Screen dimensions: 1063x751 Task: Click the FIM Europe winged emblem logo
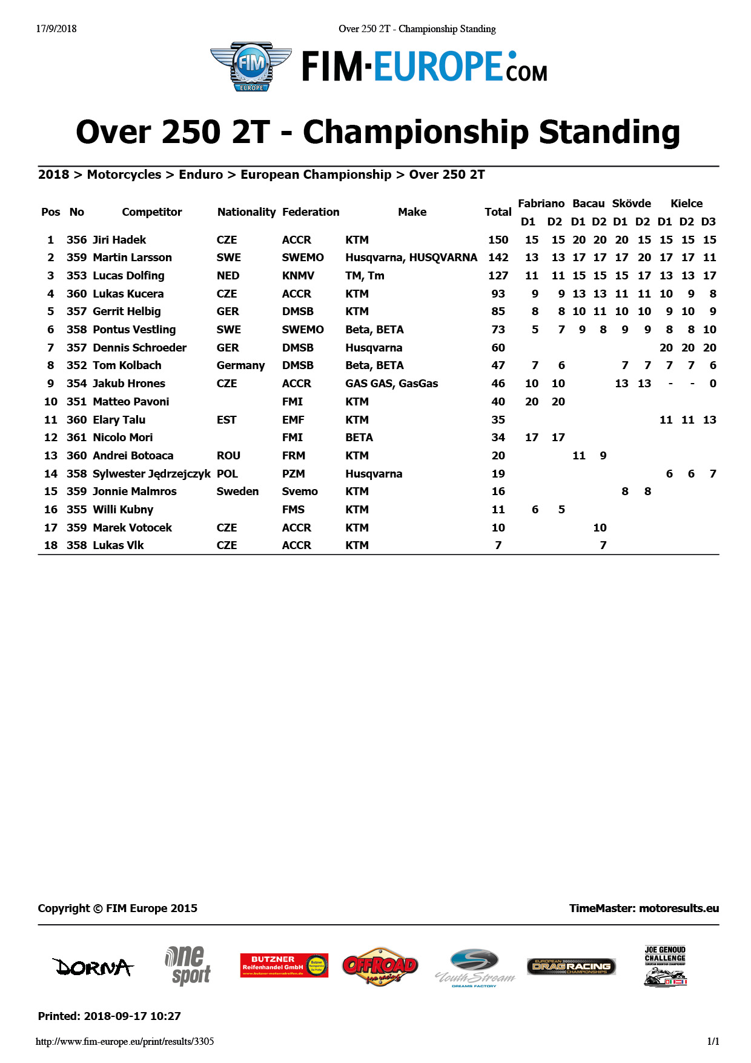[251, 67]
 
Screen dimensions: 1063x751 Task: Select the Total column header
[498, 212]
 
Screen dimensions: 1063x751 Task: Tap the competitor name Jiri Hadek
[119, 240]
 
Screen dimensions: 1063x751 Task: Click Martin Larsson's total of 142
[498, 258]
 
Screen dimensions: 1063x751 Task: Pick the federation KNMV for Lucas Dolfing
[298, 276]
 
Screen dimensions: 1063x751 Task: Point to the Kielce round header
[686, 204]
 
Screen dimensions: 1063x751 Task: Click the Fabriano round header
[541, 204]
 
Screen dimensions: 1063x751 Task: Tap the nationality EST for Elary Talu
[227, 420]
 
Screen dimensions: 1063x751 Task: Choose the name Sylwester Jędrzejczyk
[151, 474]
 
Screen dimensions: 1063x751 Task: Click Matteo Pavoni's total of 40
[498, 402]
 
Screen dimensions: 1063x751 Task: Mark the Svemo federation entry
[300, 492]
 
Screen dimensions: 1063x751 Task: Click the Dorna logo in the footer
[93, 967]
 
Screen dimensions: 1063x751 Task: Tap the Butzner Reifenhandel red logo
[284, 965]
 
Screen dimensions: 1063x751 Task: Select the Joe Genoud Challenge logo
[665, 966]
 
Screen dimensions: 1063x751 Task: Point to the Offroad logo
[380, 967]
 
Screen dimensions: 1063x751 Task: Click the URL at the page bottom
[125, 1042]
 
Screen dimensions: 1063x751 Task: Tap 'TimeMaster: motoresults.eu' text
[644, 908]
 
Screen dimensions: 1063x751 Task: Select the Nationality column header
[246, 212]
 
